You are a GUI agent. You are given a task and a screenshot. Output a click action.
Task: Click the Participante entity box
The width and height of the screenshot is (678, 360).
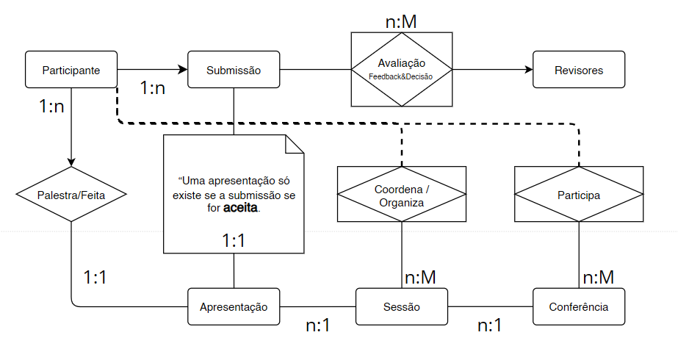click(71, 71)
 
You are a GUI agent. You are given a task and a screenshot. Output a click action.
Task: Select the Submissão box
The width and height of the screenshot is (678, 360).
click(234, 71)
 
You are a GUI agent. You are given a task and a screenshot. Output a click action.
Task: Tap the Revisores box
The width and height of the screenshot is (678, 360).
click(579, 71)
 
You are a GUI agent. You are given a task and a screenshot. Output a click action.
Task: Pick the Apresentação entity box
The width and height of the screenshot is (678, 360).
click(234, 307)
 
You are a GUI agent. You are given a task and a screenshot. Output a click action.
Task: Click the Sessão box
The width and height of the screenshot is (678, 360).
click(402, 307)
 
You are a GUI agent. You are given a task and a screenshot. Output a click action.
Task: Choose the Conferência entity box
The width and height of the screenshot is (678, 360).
click(579, 307)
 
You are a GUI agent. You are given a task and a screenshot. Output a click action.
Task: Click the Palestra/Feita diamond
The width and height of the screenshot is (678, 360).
click(71, 195)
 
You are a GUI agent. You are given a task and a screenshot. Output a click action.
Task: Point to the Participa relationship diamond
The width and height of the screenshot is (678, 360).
click(579, 195)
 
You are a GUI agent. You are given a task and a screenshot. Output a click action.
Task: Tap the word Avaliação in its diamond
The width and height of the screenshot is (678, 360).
click(402, 63)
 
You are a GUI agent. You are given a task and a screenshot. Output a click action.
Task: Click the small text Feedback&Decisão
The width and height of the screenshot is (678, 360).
click(402, 76)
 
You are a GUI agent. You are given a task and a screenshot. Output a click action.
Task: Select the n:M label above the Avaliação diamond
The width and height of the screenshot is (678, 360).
click(401, 22)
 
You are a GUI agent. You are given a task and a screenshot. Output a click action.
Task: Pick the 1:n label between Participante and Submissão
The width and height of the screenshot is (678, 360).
click(153, 88)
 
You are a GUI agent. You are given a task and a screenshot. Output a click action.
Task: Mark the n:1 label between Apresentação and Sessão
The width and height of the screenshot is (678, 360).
click(318, 325)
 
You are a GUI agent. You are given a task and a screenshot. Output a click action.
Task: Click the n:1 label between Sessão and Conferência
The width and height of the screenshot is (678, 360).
click(490, 325)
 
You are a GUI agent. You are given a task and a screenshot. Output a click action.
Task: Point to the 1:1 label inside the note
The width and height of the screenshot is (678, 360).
click(234, 240)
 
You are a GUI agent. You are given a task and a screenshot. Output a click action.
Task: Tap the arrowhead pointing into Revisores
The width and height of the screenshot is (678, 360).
click(528, 71)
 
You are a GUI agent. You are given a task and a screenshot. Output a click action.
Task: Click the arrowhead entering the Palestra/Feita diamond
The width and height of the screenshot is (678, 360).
click(71, 163)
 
